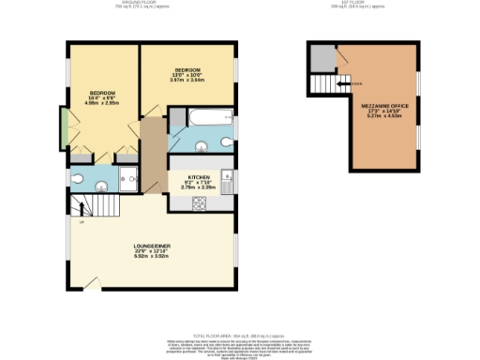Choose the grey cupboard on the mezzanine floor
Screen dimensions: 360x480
click(322, 58)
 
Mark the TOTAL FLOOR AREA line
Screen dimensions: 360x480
click(239, 334)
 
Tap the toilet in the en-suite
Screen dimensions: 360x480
click(79, 178)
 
